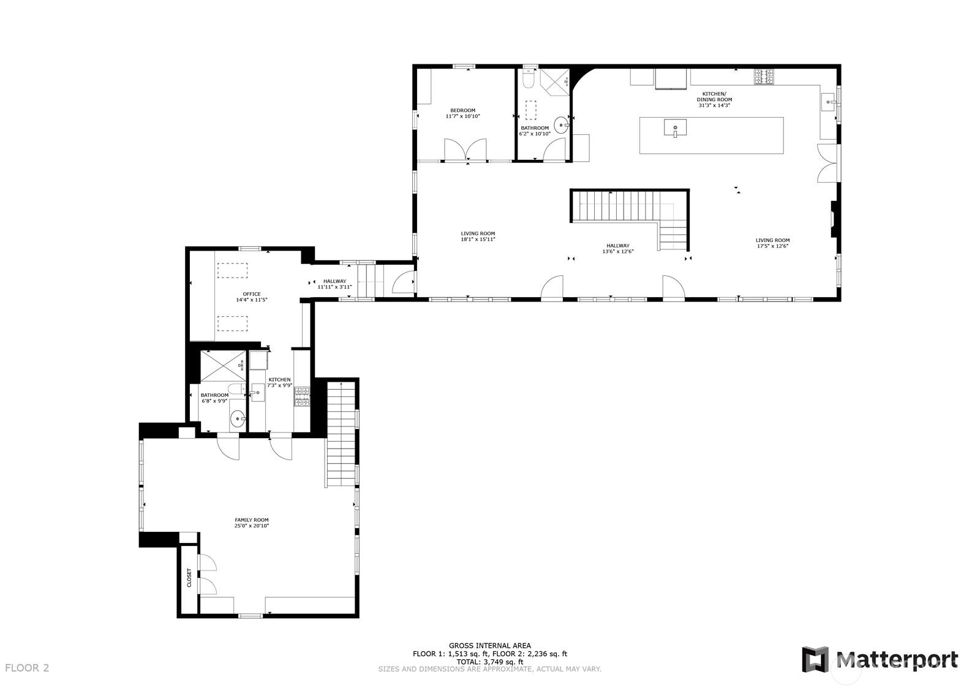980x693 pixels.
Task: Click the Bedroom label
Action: (462, 111)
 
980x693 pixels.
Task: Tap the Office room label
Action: (251, 294)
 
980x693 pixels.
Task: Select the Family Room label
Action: (251, 520)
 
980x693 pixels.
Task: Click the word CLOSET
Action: (189, 577)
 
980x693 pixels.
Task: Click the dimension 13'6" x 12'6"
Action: (618, 251)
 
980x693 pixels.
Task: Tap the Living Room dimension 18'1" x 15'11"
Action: (478, 240)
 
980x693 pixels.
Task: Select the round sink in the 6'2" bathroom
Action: (561, 126)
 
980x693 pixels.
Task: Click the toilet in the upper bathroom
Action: (529, 81)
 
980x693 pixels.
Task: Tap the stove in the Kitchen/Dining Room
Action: (764, 77)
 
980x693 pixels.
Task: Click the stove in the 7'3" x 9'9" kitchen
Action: (302, 397)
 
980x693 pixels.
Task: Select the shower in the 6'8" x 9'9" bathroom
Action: (223, 366)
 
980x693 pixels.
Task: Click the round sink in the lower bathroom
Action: (238, 420)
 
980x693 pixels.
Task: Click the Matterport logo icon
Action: (815, 660)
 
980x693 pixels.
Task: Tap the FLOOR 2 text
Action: (27, 668)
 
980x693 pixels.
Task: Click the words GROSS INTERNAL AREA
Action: (490, 645)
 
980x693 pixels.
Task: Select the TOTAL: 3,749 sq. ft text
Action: (490, 662)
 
